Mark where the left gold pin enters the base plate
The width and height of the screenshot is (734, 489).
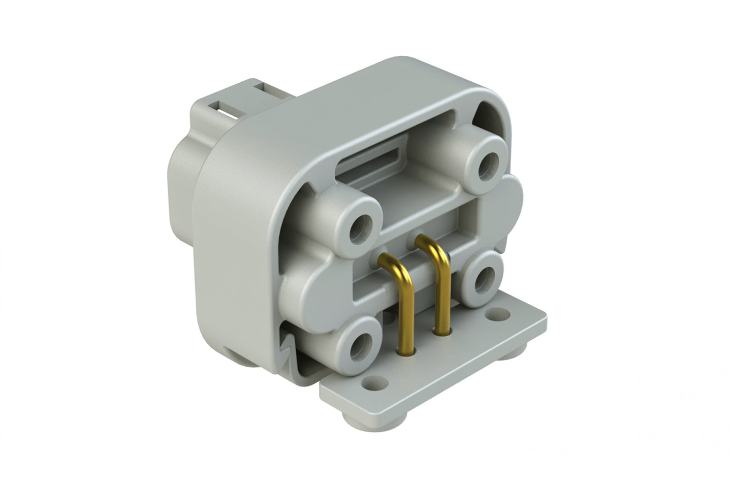(407, 350)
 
